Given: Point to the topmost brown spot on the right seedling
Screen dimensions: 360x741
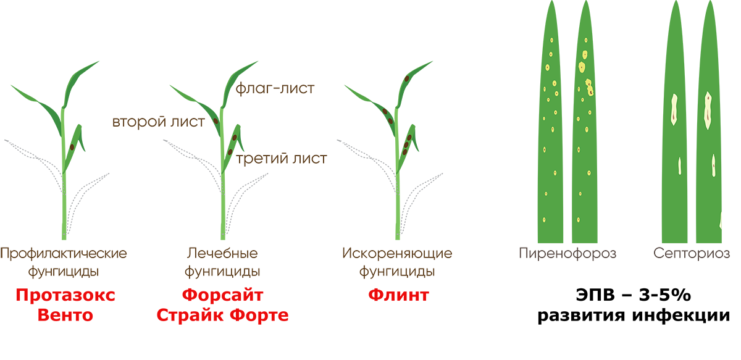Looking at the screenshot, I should (x=407, y=79).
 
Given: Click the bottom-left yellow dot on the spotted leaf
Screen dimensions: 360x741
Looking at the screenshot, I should (x=544, y=219).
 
